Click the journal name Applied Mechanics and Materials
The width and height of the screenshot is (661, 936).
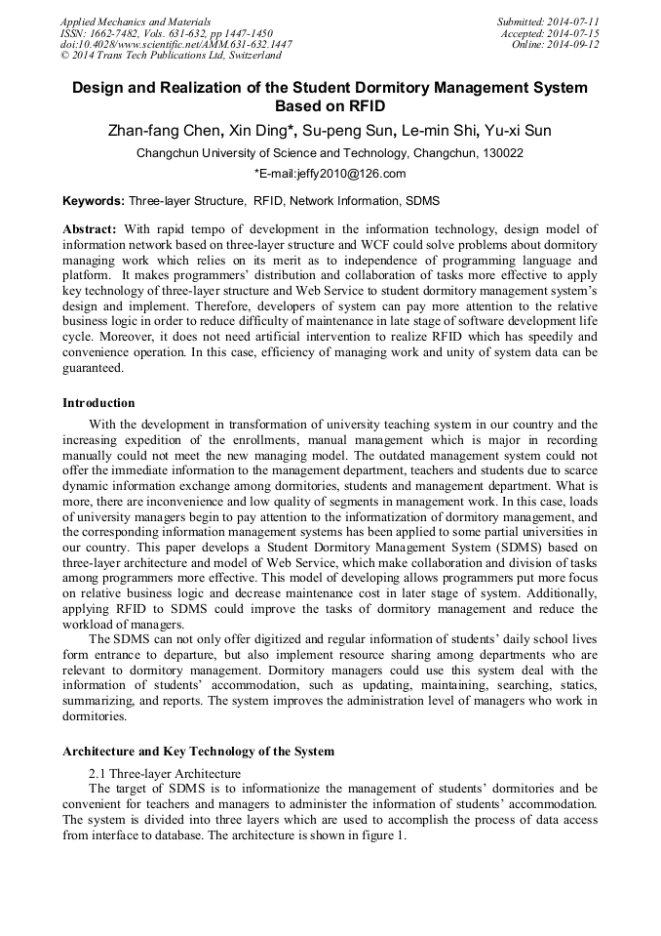pos(136,21)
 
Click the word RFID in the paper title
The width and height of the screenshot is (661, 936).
pos(358,106)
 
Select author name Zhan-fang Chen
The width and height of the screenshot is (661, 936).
pos(167,131)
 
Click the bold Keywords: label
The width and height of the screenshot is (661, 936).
pos(94,201)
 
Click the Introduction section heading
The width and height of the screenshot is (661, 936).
pos(98,403)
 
